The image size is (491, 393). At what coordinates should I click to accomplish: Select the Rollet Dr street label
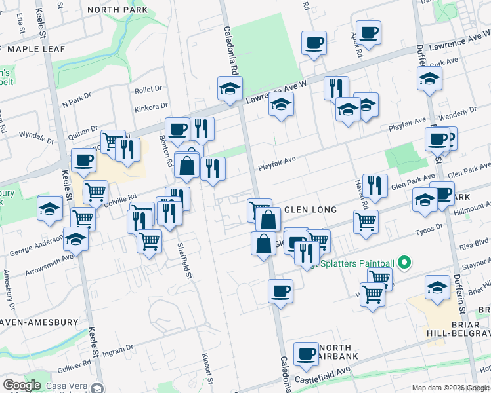pyautogui.click(x=148, y=90)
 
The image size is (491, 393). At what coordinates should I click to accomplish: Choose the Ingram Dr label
pyautogui.click(x=121, y=348)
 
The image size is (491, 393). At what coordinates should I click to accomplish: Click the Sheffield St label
pyautogui.click(x=188, y=262)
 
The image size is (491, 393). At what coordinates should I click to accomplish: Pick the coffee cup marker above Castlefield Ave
pyautogui.click(x=305, y=354)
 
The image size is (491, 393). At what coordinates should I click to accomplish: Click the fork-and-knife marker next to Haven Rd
pyautogui.click(x=374, y=185)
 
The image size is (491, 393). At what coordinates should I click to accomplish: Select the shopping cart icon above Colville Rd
pyautogui.click(x=96, y=191)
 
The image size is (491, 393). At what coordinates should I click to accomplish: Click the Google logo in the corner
pyautogui.click(x=22, y=385)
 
